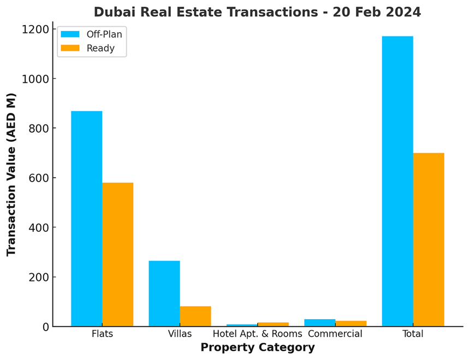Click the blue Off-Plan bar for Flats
click(86, 219)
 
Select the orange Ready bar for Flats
click(117, 254)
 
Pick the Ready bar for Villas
click(195, 316)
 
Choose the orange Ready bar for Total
click(429, 239)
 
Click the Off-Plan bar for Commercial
click(319, 323)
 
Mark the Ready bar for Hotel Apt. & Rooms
click(273, 325)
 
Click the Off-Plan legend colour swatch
click(70, 34)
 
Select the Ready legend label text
click(100, 48)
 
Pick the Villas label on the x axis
click(180, 334)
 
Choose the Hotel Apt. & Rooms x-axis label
click(257, 334)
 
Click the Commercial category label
click(335, 334)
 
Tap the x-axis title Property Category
click(257, 347)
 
